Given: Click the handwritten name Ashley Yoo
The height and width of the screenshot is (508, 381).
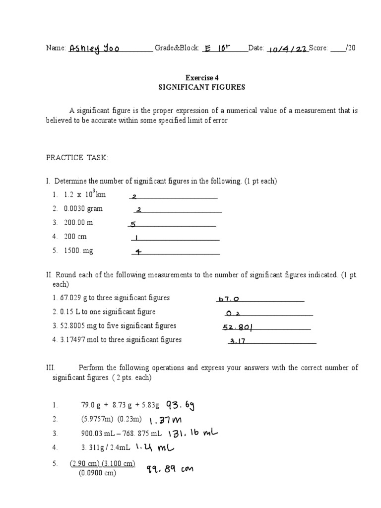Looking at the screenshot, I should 94,48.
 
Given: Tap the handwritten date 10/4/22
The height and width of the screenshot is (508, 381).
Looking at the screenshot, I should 287,49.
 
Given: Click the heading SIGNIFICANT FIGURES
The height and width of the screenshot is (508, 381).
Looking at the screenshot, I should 201,87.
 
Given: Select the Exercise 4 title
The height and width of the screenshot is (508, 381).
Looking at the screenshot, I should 202,77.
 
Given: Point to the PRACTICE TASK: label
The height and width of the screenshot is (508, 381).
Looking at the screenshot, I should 77,158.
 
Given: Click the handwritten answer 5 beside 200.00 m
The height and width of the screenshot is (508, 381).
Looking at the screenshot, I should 133,224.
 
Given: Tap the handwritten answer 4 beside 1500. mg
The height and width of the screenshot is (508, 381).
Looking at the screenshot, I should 138,252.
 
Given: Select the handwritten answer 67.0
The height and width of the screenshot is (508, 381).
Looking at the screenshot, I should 228,299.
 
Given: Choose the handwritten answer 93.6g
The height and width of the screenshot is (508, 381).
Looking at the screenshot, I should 180,406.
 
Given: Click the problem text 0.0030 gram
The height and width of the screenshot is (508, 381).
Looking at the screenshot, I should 83,209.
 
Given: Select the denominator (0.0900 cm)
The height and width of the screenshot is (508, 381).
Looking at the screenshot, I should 97,473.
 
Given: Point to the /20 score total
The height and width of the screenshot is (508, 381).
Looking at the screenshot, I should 349,48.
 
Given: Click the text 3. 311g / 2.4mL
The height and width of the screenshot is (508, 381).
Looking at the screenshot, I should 105,447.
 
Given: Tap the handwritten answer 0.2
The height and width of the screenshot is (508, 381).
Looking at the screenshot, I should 232,313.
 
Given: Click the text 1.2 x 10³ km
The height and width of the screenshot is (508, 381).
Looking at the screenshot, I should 85,194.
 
